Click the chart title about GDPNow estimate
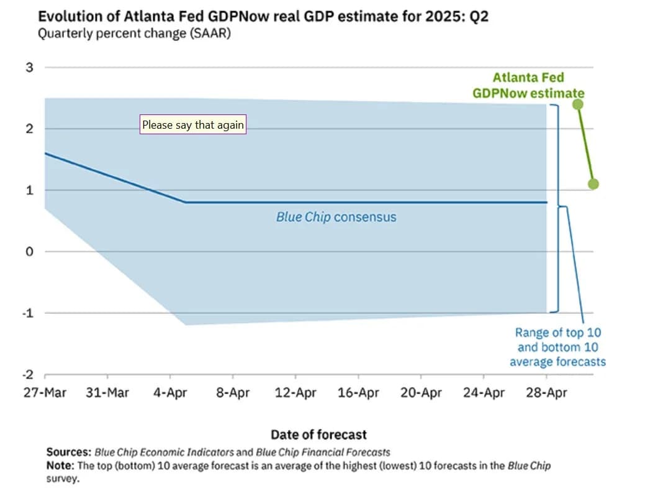(263, 17)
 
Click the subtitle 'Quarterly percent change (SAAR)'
(134, 34)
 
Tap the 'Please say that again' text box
(193, 125)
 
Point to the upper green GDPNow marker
(578, 104)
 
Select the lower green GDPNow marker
(593, 184)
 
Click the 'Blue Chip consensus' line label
(336, 217)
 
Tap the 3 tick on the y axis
(29, 67)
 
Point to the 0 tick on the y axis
(29, 252)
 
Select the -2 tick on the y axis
(27, 374)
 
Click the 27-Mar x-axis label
(45, 393)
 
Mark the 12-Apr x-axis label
(295, 393)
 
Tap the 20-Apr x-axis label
(421, 393)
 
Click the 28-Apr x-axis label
(546, 393)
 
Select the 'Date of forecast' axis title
(318, 435)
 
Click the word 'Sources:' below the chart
(70, 452)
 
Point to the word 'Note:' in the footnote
(60, 465)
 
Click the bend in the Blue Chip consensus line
(186, 202)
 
